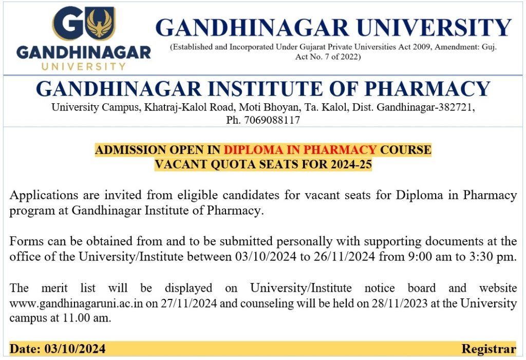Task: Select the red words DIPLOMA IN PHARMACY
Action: pos(300,149)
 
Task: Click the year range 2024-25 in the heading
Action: pos(351,164)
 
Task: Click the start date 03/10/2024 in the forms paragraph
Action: pos(266,257)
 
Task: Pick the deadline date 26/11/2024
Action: pos(344,257)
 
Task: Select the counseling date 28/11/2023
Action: pos(400,304)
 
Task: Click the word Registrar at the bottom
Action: pos(489,349)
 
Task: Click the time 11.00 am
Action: pos(86,317)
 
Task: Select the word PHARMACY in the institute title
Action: pos(427,88)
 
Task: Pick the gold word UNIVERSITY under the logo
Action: pos(84,66)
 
